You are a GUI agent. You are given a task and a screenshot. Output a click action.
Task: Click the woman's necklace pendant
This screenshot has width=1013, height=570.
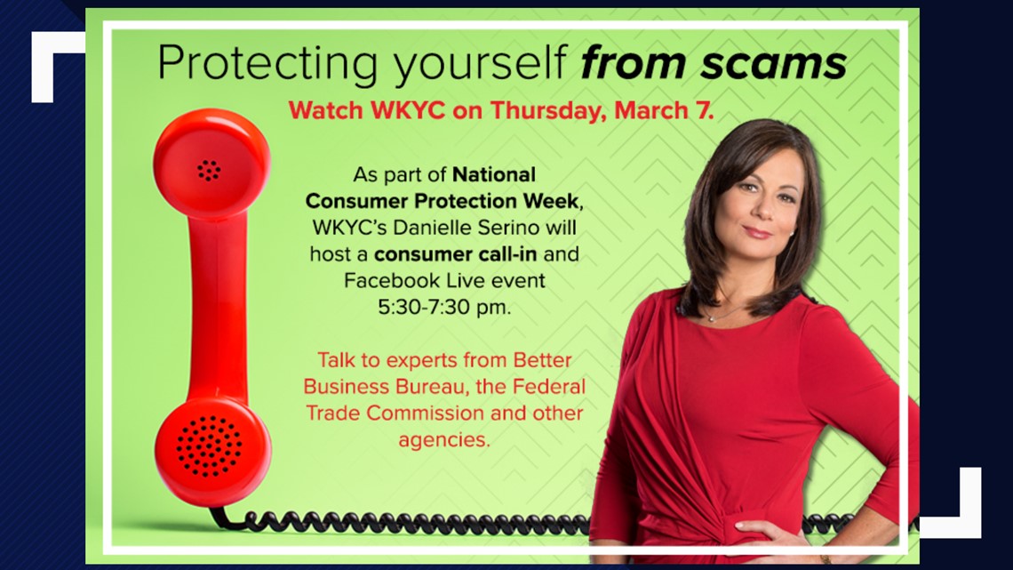710,317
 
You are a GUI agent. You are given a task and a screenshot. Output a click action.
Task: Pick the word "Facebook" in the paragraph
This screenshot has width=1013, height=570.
387,281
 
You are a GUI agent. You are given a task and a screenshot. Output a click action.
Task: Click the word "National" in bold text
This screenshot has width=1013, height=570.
493,173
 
